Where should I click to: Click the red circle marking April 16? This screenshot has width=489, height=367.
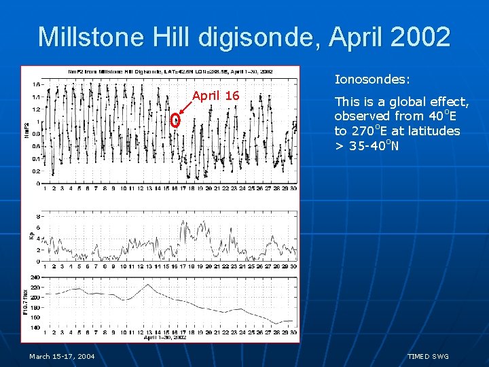(x=175, y=121)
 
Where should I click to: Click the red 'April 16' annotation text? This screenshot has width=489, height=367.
(x=215, y=96)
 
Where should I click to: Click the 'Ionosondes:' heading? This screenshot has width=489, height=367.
(x=372, y=80)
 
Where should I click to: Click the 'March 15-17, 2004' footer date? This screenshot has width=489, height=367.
(x=62, y=357)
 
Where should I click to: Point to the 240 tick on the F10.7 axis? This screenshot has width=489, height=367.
(x=35, y=277)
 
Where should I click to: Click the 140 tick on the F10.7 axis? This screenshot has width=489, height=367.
(x=35, y=328)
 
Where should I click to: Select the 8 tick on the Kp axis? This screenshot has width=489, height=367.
(x=37, y=215)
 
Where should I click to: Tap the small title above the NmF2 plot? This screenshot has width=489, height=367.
(x=170, y=71)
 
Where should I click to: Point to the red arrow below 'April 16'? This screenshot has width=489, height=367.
(x=184, y=111)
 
